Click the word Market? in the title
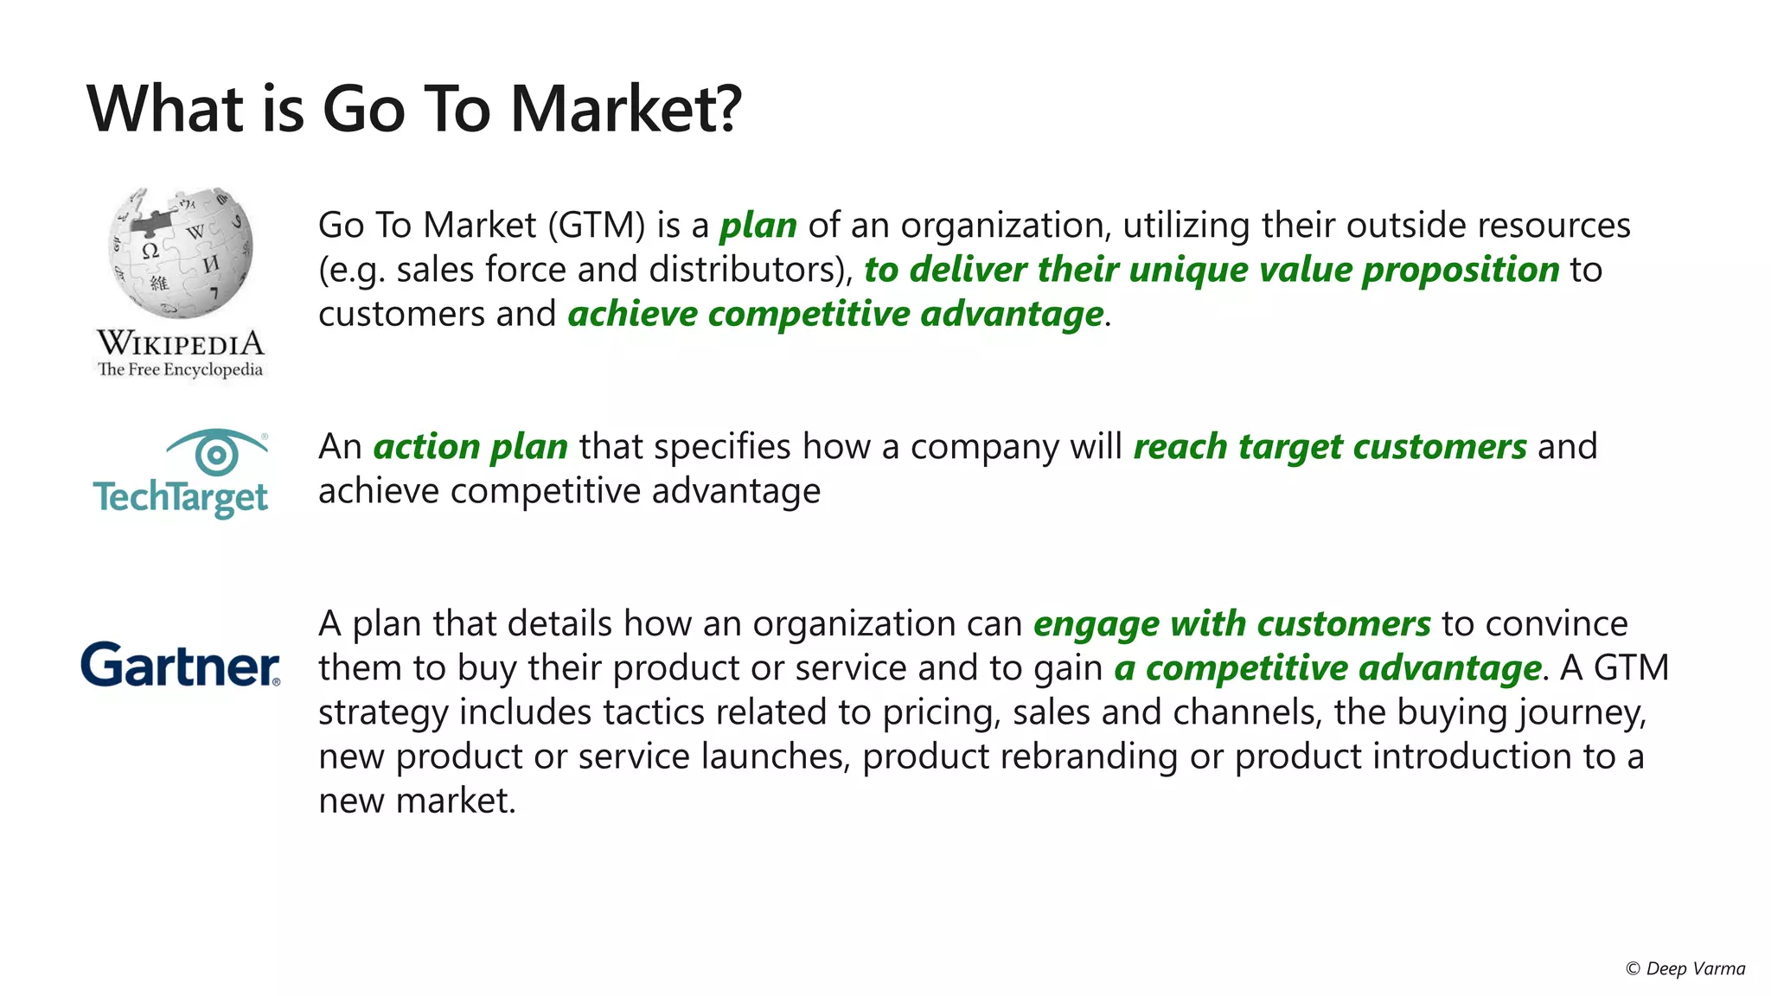[x=625, y=109]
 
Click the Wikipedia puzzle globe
[x=181, y=252]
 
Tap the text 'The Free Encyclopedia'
[x=180, y=370]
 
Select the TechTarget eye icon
[x=216, y=452]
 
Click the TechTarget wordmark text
[x=180, y=498]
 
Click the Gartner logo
[x=180, y=665]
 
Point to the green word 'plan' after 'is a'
[x=758, y=226]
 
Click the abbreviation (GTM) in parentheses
[x=597, y=226]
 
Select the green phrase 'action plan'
[x=470, y=447]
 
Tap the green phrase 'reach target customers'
[x=1330, y=447]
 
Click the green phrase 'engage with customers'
[x=1232, y=624]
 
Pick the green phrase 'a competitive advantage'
[x=1327, y=668]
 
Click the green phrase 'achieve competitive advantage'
[x=835, y=314]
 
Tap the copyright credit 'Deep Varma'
[x=1695, y=968]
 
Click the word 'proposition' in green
[x=1461, y=270]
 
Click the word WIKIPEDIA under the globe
[x=180, y=343]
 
